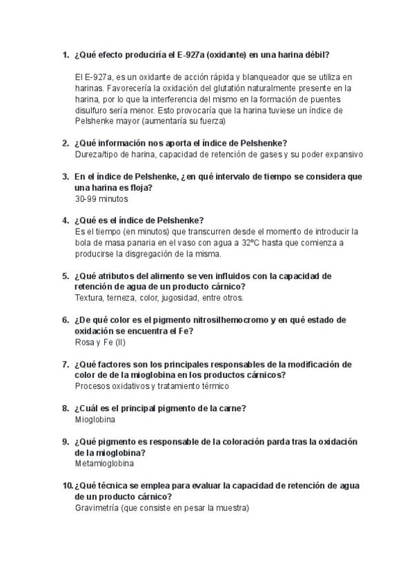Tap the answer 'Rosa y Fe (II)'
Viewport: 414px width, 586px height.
coord(100,342)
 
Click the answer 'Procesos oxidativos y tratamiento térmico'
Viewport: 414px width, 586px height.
coord(152,386)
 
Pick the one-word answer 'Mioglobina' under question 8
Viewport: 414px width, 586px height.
coord(95,419)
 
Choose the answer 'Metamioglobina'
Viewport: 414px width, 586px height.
coord(104,464)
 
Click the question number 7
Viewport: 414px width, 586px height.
coord(65,364)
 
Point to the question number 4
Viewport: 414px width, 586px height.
coord(65,220)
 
